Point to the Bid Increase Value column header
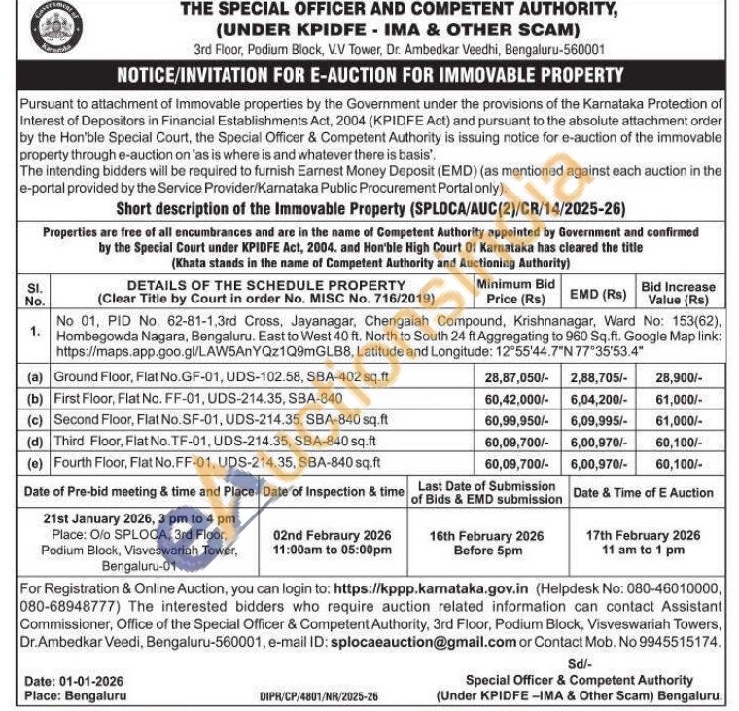(678, 293)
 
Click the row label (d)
(35, 440)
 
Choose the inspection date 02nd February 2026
(332, 535)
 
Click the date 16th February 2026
(487, 535)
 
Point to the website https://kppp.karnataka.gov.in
(430, 588)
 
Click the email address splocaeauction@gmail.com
(423, 643)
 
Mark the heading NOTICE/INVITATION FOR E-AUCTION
(369, 75)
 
